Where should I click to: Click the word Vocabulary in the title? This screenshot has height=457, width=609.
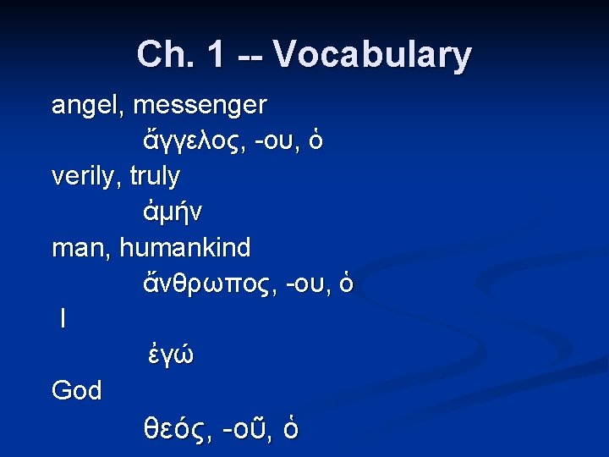pos(372,55)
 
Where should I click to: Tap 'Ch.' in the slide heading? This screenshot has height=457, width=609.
pos(164,55)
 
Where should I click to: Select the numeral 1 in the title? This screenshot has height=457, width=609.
pos(216,55)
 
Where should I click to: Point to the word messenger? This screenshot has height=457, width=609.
pos(200,106)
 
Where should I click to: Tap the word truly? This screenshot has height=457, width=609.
pos(155,176)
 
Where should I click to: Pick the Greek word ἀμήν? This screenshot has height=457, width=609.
pos(173,212)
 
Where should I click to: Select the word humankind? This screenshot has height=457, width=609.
pos(185,248)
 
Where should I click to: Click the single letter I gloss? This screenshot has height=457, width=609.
pos(63,319)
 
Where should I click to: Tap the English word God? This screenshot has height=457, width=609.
pos(77,391)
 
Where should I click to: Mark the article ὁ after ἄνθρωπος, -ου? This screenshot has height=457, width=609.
pos(346,284)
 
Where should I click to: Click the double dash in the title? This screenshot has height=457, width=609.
pos(249,57)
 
